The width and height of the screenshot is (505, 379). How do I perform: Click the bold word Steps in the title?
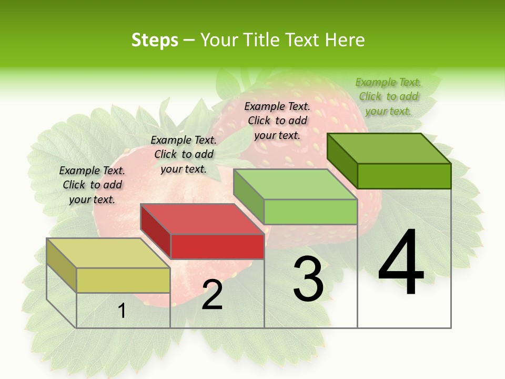(155, 40)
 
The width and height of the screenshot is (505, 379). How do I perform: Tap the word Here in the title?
(345, 40)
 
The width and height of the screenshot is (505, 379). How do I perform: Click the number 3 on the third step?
(308, 278)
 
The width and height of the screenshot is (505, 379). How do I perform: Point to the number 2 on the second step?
(212, 295)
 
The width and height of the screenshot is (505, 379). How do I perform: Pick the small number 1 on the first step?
(122, 311)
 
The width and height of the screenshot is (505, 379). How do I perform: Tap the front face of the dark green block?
(404, 176)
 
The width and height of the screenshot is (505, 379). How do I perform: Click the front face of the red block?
(217, 246)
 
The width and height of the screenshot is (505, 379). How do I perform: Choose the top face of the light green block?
(295, 184)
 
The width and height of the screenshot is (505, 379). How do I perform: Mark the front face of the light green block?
(310, 212)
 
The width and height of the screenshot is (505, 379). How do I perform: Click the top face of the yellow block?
(108, 253)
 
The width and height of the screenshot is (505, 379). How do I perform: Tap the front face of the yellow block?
(123, 280)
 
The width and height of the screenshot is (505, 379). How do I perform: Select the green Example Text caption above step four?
(388, 96)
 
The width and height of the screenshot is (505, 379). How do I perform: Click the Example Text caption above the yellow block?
(92, 185)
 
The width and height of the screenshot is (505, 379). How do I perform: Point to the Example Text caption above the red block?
(184, 154)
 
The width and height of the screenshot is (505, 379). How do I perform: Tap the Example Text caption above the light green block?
(277, 121)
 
